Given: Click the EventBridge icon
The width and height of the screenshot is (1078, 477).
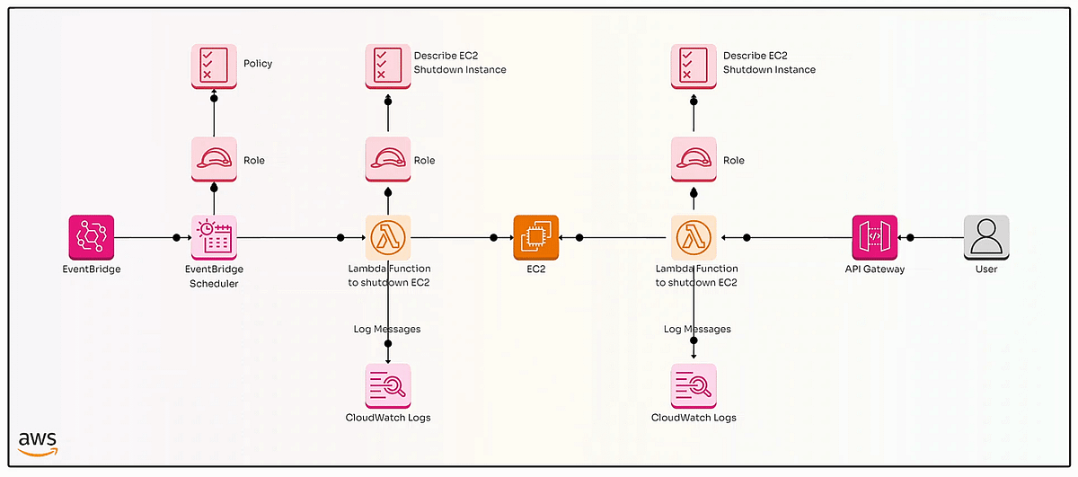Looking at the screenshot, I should point(92,237).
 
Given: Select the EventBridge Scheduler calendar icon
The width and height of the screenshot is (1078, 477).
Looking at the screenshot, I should point(214,237).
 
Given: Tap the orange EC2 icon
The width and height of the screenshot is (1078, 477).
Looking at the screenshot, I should point(536,237).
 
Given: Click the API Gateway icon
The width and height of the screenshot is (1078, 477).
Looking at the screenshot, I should point(875,237).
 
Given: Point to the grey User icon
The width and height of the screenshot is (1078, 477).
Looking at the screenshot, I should point(986,237).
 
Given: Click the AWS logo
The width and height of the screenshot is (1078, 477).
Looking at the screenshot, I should point(38,443).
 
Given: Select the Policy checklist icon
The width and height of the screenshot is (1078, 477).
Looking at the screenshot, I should point(214,66).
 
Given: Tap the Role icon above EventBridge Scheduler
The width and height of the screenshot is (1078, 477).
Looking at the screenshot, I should point(214,160).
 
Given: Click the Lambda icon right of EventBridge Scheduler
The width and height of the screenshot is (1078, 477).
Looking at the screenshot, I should point(388,237).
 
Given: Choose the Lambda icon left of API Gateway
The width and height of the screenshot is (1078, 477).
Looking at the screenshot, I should point(694,237).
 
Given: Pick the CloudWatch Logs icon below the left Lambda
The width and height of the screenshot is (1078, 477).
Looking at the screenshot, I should point(388,386).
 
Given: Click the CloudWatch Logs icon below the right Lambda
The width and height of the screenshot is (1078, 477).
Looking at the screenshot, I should point(694,386).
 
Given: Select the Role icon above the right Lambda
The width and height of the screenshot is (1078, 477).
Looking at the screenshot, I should point(694,160).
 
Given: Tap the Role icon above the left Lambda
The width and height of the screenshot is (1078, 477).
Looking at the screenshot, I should point(388,160).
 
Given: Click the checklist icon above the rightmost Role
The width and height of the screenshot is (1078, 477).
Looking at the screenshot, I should point(694,66).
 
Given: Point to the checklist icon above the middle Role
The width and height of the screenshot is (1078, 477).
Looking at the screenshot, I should point(388,66).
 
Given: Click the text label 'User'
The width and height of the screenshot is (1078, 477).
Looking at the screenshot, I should point(986,269).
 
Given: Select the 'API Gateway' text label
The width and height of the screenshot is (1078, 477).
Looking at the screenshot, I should point(875,269).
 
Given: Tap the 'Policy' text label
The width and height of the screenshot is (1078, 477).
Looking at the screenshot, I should point(258,64).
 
